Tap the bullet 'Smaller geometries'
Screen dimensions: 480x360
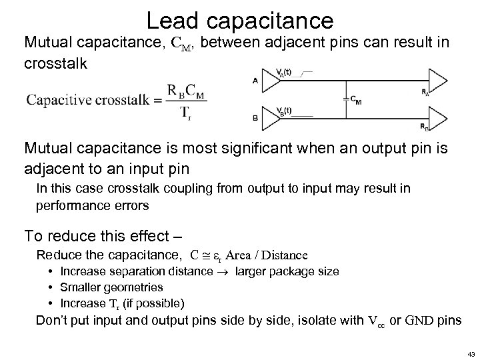click(x=111, y=287)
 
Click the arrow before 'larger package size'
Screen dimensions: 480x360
click(x=213, y=272)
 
